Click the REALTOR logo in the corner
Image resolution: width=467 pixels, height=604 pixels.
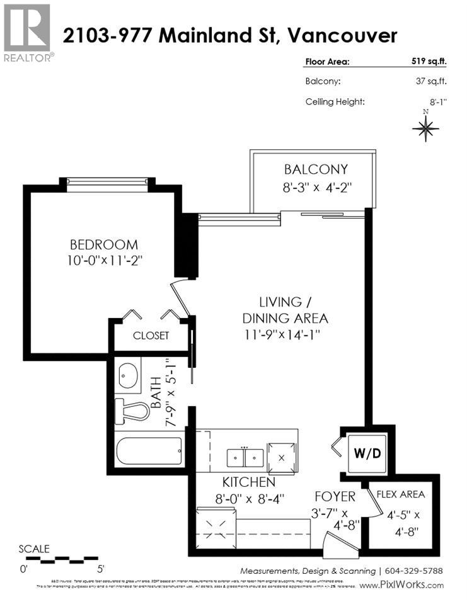[x=27, y=31]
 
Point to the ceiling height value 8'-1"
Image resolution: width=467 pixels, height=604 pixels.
[x=435, y=101]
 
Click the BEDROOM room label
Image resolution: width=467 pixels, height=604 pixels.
[x=103, y=244]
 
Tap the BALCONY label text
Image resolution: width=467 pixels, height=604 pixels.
[x=316, y=169]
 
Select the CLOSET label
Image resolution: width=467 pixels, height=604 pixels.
[x=151, y=336]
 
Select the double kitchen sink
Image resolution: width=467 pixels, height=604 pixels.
[x=245, y=455]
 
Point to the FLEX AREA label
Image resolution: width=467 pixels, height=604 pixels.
[x=400, y=494]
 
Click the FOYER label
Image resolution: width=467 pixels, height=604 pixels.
[x=334, y=497]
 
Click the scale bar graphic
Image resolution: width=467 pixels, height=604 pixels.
[x=54, y=558]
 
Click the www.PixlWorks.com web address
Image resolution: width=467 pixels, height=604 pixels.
[x=401, y=585]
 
